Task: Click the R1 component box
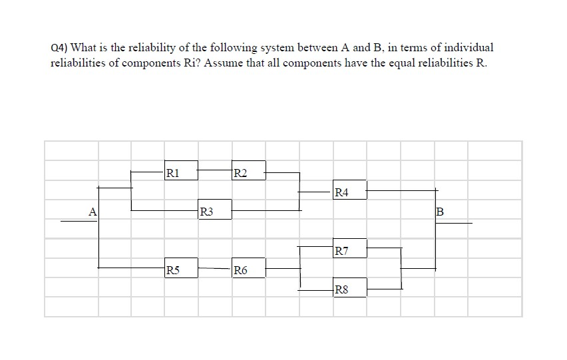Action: point(181,170)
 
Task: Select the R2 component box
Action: point(248,170)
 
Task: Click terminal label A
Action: point(93,212)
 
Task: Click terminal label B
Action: point(439,213)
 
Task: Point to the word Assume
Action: point(214,64)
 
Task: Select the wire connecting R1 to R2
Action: point(214,170)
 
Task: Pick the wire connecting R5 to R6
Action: point(214,268)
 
